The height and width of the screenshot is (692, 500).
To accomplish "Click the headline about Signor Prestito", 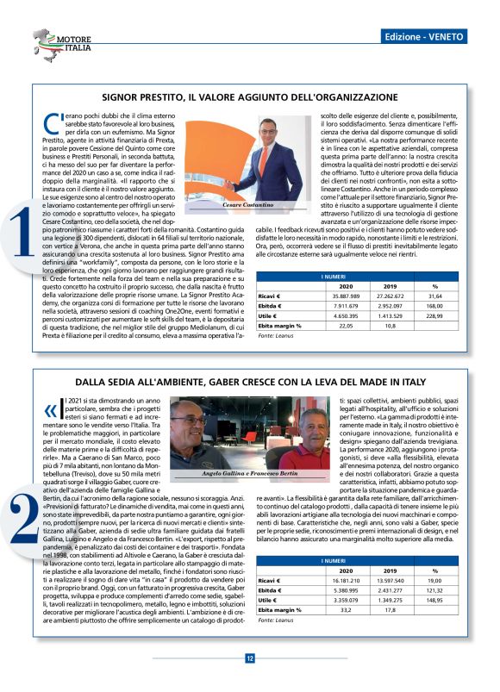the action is point(249,98).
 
